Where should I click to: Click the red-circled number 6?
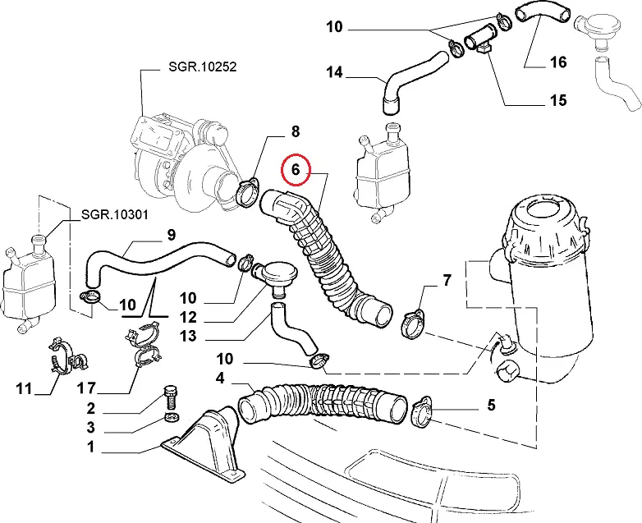(297, 171)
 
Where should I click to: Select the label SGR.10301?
(114, 215)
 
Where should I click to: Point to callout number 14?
(334, 72)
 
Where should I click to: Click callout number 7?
(447, 281)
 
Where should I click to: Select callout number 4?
(220, 378)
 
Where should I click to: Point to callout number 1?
(90, 447)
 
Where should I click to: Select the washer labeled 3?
(172, 419)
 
